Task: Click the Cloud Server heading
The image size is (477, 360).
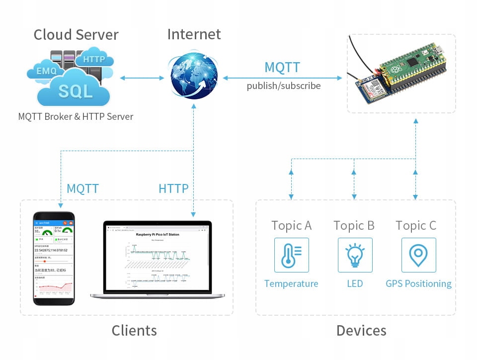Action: click(x=76, y=35)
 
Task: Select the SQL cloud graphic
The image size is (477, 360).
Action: click(x=75, y=90)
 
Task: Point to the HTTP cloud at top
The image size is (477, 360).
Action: click(x=94, y=59)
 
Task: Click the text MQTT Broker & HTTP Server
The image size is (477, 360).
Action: click(x=76, y=117)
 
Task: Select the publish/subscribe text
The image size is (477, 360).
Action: click(x=284, y=86)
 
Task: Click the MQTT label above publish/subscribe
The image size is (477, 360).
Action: click(x=282, y=67)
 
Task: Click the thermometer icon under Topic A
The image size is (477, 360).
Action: click(x=291, y=255)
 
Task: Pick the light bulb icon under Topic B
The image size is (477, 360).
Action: click(x=355, y=255)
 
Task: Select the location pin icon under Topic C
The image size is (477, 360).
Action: click(x=418, y=255)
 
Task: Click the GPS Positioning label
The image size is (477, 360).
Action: click(x=418, y=284)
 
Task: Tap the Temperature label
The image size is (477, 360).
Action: click(x=291, y=284)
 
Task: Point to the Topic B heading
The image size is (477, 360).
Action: click(x=354, y=226)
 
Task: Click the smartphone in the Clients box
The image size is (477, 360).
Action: click(x=54, y=258)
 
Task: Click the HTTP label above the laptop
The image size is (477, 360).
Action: click(x=173, y=189)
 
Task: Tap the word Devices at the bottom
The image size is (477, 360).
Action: click(x=361, y=331)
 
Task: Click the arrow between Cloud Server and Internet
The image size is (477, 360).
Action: click(x=142, y=78)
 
